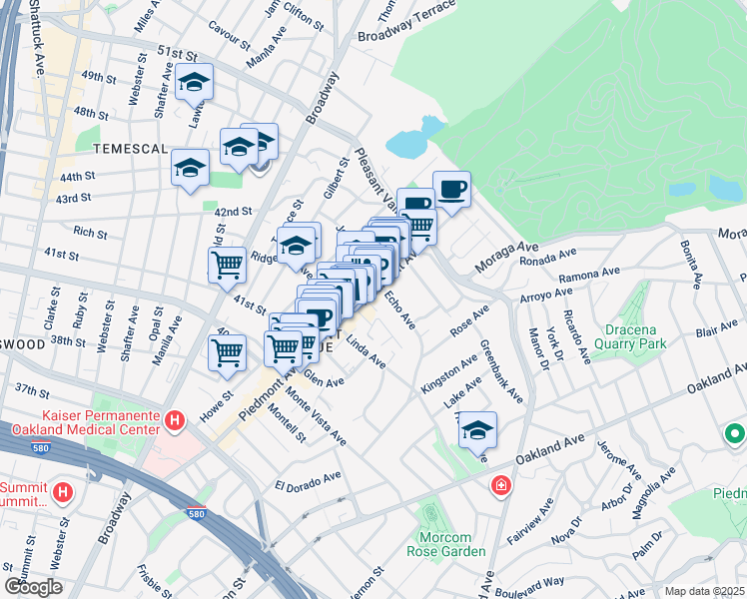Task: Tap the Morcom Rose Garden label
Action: pos(445,544)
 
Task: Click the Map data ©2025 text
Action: pos(704,591)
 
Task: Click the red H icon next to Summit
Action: pos(64,491)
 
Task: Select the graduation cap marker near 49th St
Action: pos(195,83)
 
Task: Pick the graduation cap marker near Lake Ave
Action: pos(478,429)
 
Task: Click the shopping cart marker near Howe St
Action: pos(228,353)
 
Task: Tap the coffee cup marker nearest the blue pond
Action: pos(451,189)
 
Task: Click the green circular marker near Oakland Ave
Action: pos(734,434)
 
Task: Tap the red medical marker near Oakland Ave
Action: pos(499,487)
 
